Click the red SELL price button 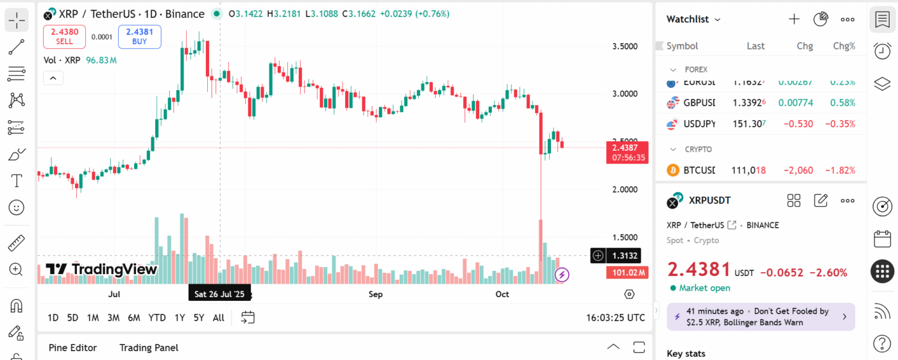click(64, 36)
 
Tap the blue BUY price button click(139, 36)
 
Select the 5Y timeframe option click(199, 317)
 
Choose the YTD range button click(157, 317)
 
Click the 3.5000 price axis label click(625, 46)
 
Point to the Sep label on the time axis click(375, 295)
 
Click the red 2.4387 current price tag click(628, 148)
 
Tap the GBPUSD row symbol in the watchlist click(699, 103)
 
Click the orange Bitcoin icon click(673, 170)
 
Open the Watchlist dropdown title click(693, 19)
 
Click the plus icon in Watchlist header click(794, 19)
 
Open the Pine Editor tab click(72, 348)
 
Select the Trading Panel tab click(149, 348)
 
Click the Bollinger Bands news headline click(761, 316)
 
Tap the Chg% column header click(843, 46)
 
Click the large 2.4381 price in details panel click(699, 270)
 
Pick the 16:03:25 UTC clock click(615, 317)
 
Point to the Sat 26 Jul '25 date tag click(219, 295)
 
